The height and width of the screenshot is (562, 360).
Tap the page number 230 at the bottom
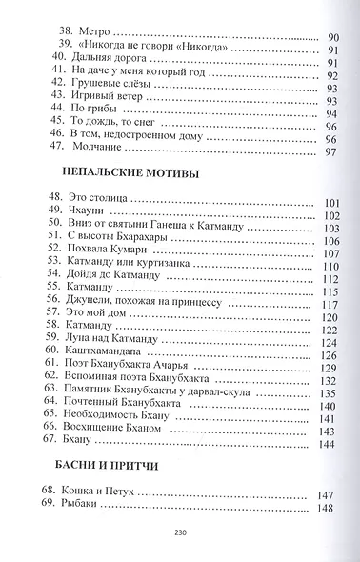(180, 534)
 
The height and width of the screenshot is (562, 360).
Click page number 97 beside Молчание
(330, 153)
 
